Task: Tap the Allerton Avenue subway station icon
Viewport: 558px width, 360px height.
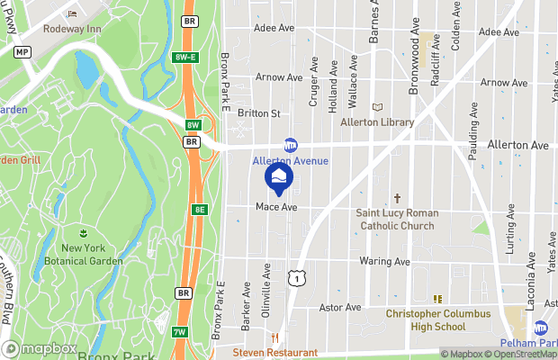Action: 291,144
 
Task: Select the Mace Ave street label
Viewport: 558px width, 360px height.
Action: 276,207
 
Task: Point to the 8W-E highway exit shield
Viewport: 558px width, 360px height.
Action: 185,58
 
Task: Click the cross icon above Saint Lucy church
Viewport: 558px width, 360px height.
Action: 397,198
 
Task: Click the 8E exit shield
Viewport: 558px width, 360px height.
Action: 199,209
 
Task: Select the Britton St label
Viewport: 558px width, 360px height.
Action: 259,113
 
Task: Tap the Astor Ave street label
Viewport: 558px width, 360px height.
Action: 340,308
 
